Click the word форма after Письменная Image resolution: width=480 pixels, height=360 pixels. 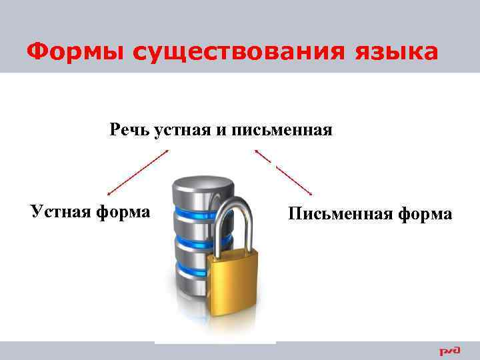(425, 214)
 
